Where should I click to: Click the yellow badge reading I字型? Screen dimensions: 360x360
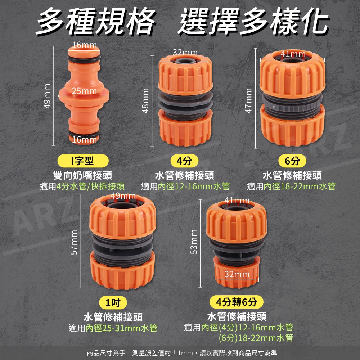pyautogui.click(x=83, y=161)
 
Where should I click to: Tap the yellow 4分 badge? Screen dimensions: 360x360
pyautogui.click(x=184, y=161)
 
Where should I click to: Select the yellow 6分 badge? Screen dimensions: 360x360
pyautogui.click(x=292, y=161)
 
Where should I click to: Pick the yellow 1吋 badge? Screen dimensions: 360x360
pyautogui.click(x=113, y=303)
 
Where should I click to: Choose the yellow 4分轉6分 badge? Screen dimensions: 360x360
pyautogui.click(x=237, y=302)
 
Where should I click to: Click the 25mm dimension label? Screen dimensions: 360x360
pyautogui.click(x=84, y=91)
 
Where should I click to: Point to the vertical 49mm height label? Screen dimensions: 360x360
pyautogui.click(x=47, y=96)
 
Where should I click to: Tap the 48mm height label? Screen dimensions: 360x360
pyautogui.click(x=145, y=101)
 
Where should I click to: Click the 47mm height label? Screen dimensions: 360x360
pyautogui.click(x=248, y=101)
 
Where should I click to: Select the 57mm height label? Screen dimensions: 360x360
pyautogui.click(x=74, y=242)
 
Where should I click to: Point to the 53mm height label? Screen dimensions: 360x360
pyautogui.click(x=194, y=242)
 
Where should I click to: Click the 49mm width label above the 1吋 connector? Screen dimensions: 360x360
pyautogui.click(x=123, y=196)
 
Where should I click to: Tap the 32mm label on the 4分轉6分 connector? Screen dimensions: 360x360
pyautogui.click(x=237, y=274)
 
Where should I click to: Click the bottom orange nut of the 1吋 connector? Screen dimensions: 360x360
pyautogui.click(x=122, y=271)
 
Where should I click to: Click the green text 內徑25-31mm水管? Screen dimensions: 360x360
pyautogui.click(x=121, y=328)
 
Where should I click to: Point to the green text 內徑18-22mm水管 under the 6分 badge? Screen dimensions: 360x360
pyautogui.click(x=300, y=186)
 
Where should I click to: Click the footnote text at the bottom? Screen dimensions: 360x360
pyautogui.click(x=182, y=353)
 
